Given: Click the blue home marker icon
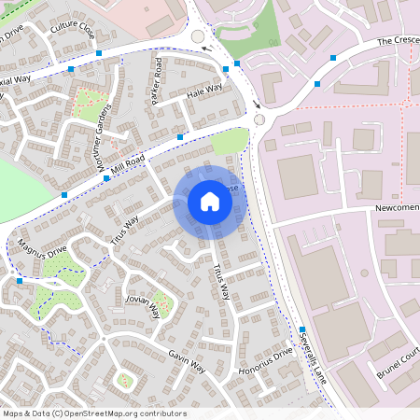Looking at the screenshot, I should pyautogui.click(x=210, y=201).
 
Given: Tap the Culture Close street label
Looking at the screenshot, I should pyautogui.click(x=72, y=29).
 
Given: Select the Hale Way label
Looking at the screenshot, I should pyautogui.click(x=204, y=90).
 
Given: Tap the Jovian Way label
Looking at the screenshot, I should pyautogui.click(x=142, y=308).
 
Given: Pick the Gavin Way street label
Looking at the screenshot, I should pyautogui.click(x=187, y=362).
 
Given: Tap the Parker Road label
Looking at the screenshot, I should pyautogui.click(x=158, y=80).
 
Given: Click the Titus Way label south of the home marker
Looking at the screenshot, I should pyautogui.click(x=221, y=281).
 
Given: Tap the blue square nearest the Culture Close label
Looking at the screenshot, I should pyautogui.click(x=71, y=69).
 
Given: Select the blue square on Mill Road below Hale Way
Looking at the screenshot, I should pyautogui.click(x=179, y=137).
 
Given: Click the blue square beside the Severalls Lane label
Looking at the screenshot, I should pyautogui.click(x=302, y=328).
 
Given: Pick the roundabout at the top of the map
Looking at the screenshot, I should pyautogui.click(x=198, y=37).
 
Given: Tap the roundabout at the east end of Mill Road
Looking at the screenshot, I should pyautogui.click(x=259, y=119).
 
